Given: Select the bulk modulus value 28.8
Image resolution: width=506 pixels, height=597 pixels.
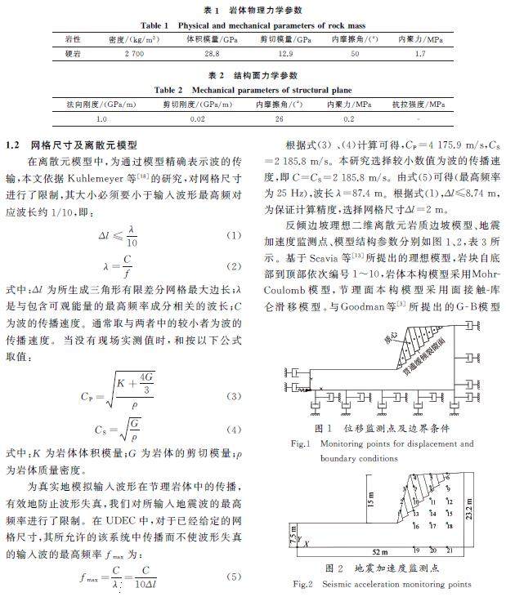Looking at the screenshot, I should click(x=212, y=53).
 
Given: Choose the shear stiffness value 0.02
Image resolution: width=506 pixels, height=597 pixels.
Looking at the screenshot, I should click(x=195, y=120).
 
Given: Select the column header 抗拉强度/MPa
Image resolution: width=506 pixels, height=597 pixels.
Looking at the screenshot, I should click(x=419, y=105).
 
